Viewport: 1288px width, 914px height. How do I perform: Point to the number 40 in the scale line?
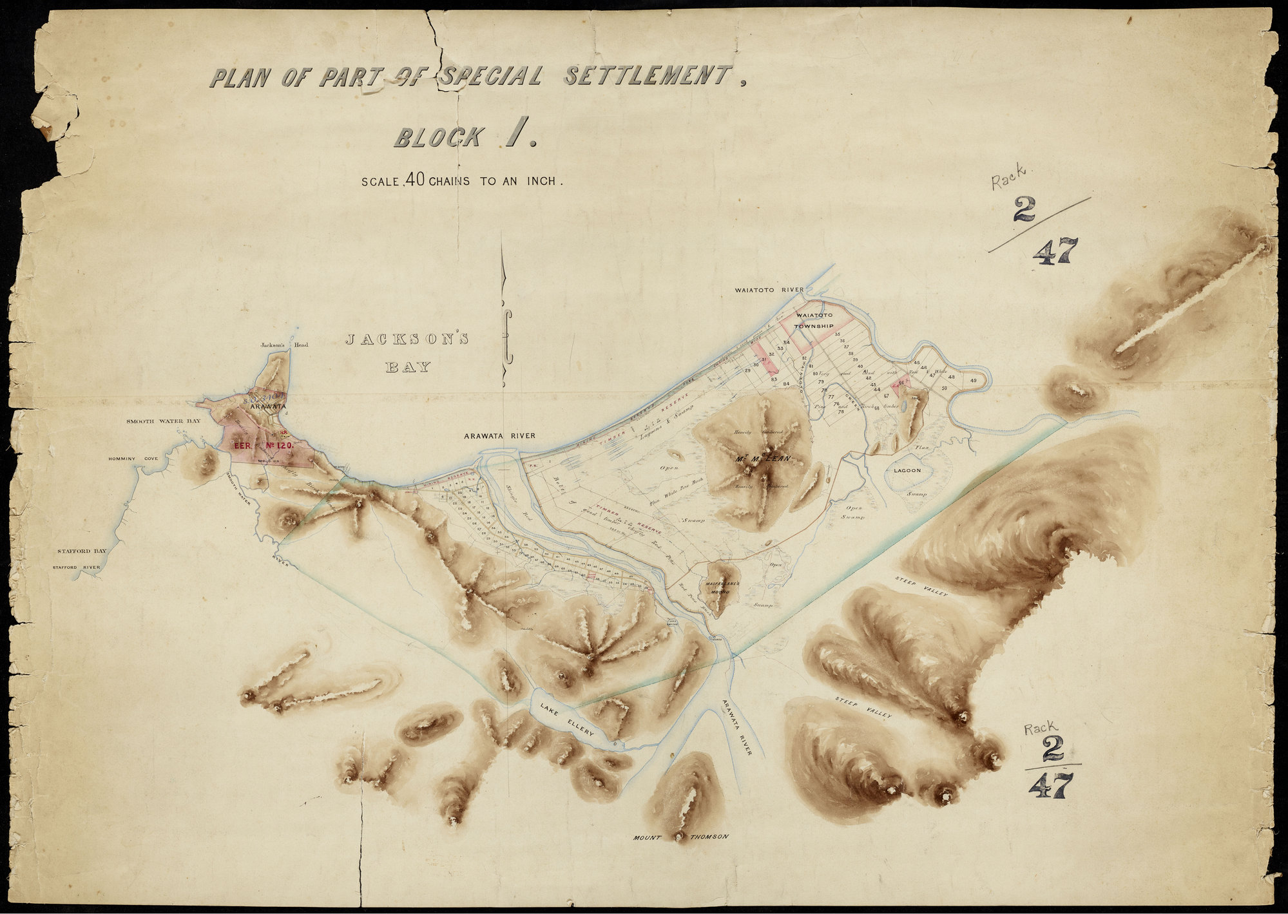[414, 181]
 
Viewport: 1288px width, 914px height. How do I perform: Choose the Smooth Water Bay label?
[163, 421]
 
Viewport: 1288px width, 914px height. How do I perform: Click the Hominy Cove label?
[133, 459]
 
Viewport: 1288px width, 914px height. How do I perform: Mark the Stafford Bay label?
[81, 551]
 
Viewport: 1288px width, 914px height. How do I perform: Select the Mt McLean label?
[763, 459]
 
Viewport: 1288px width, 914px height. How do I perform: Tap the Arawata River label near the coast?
[499, 436]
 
